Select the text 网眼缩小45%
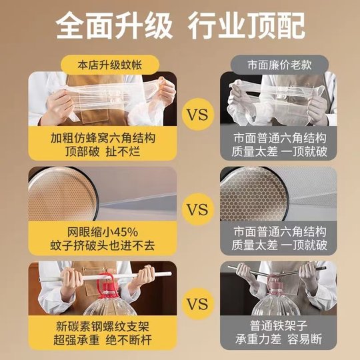click(x=102, y=232)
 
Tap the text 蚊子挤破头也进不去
click(x=102, y=246)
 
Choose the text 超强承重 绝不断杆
click(x=102, y=342)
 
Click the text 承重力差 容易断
click(x=279, y=342)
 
